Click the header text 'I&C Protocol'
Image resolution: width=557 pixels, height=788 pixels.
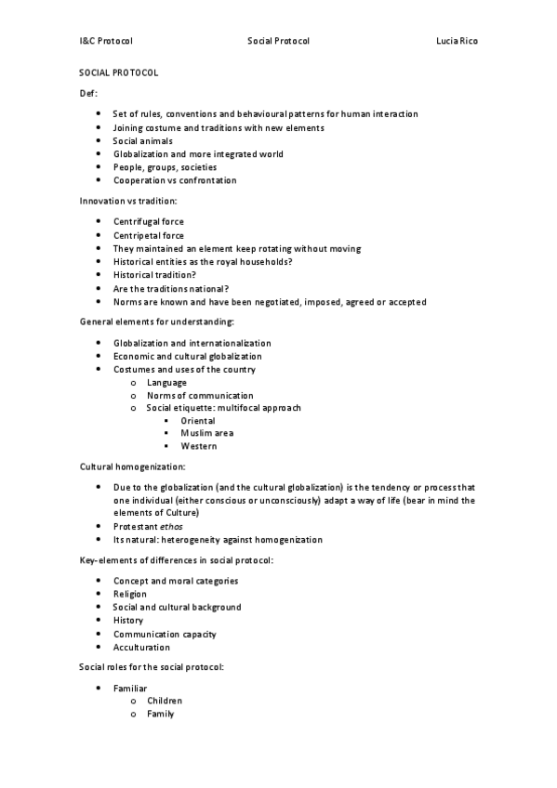point(106,42)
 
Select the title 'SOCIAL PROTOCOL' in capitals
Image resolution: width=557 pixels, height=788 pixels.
point(118,72)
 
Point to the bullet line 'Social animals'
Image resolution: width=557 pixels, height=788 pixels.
point(142,141)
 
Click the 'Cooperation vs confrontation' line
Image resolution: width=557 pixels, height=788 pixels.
point(175,180)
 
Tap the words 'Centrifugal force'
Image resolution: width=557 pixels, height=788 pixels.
point(149,222)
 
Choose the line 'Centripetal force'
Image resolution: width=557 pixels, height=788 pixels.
point(149,236)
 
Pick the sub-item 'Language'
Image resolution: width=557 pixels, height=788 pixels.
point(166,383)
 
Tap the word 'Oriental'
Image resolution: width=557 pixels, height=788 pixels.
point(198,421)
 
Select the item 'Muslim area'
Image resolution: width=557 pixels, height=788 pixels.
point(206,433)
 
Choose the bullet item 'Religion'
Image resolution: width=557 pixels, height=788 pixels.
point(130,594)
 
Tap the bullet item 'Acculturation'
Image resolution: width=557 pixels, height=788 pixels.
point(141,648)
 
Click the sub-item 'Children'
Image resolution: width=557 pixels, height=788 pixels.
point(165,701)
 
